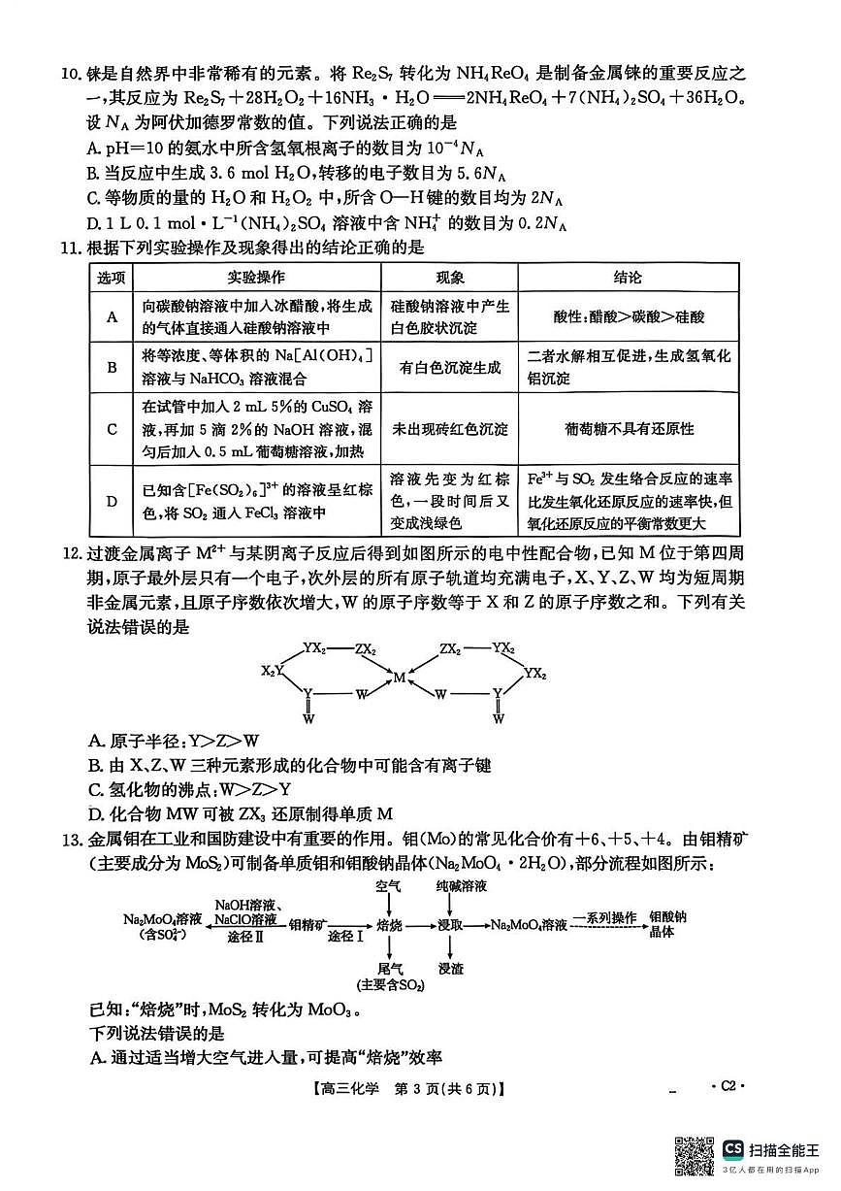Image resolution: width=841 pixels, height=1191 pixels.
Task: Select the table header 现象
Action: (x=449, y=278)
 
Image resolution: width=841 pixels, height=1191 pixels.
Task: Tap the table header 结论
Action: (x=628, y=278)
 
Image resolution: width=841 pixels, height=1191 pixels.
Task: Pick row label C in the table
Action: (x=112, y=429)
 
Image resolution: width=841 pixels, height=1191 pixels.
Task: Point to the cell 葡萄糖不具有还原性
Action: (x=629, y=429)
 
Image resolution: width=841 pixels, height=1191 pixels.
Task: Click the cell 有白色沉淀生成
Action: (x=449, y=368)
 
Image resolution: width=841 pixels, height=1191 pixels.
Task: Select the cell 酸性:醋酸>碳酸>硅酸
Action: (x=629, y=316)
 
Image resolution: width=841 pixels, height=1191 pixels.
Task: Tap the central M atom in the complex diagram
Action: (x=399, y=678)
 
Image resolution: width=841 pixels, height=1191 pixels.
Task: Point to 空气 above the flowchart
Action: (x=389, y=887)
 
